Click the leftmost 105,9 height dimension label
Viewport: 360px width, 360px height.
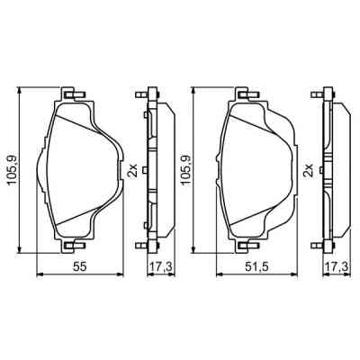(12, 170)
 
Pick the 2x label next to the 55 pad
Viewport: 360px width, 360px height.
(132, 170)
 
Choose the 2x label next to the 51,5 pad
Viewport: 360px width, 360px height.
(309, 170)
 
